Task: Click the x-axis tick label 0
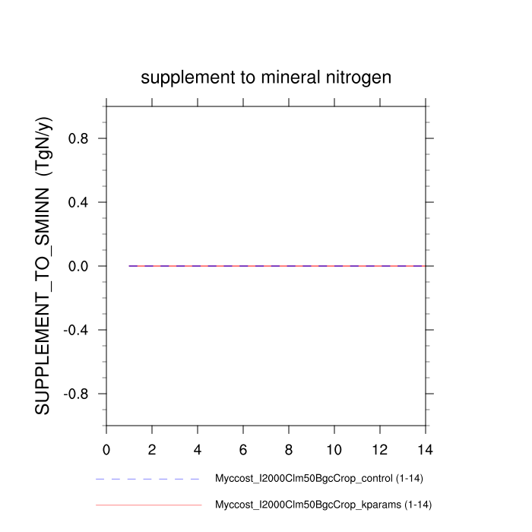pyautogui.click(x=106, y=449)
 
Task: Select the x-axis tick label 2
pyautogui.click(x=152, y=449)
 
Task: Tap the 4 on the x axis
pyautogui.click(x=198, y=449)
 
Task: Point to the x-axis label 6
pyautogui.click(x=243, y=449)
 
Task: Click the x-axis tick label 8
pyautogui.click(x=289, y=449)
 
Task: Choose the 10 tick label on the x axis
pyautogui.click(x=334, y=449)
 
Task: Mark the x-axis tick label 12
pyautogui.click(x=380, y=449)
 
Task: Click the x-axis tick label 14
pyautogui.click(x=426, y=449)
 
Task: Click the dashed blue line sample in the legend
pyautogui.click(x=148, y=480)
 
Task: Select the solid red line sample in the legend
pyautogui.click(x=148, y=505)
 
